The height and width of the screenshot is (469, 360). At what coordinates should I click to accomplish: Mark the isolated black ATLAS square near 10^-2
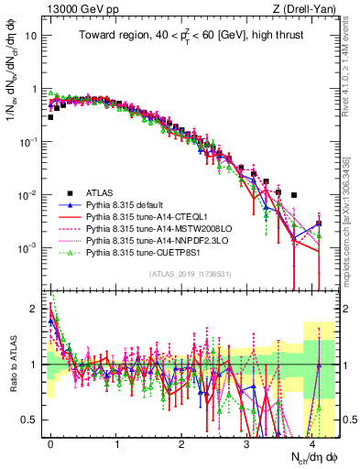[294, 195]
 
